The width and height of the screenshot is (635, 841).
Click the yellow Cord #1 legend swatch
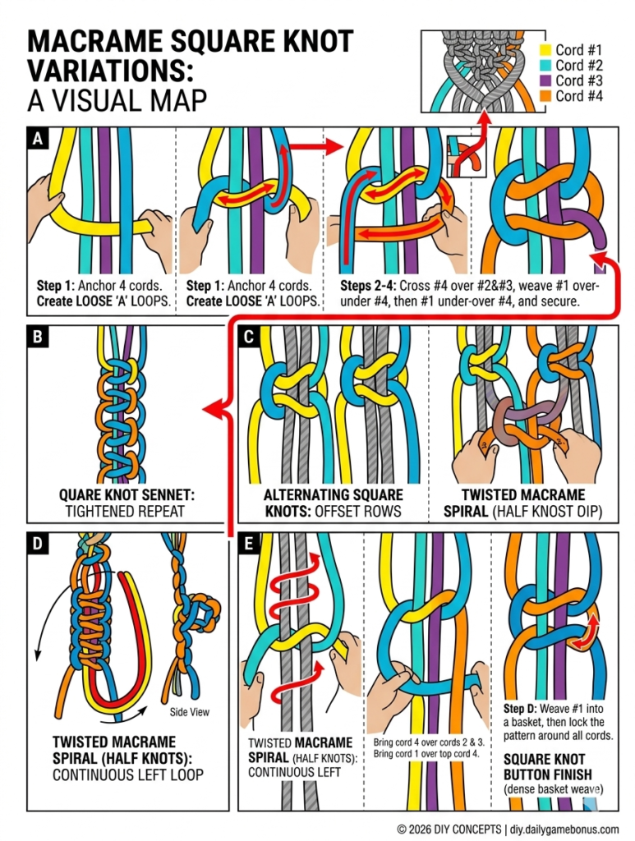[x=544, y=49]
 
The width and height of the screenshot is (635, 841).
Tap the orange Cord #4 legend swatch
[x=544, y=96]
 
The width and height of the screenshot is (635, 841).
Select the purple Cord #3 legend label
[x=580, y=80]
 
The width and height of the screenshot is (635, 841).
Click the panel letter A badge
[x=36, y=139]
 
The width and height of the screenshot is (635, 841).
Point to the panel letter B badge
[x=36, y=336]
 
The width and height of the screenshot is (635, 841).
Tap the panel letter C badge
[x=247, y=336]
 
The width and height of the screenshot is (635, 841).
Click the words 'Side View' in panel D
[x=190, y=712]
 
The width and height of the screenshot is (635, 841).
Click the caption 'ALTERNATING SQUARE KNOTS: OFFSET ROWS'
[x=333, y=503]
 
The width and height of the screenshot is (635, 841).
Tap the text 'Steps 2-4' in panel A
[x=366, y=286]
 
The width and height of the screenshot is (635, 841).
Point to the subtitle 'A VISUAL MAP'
[x=117, y=99]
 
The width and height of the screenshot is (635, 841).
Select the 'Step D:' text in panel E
[x=522, y=707]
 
